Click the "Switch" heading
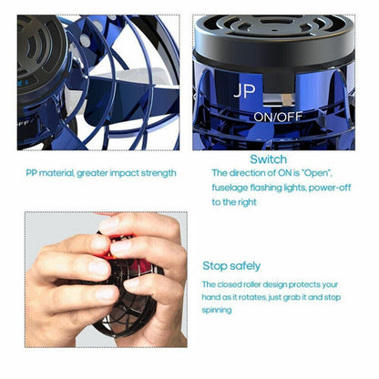click(x=267, y=159)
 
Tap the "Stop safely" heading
click(x=231, y=266)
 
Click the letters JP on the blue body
click(x=244, y=91)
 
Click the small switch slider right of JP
click(x=285, y=94)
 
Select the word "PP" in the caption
click(x=32, y=173)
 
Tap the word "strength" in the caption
click(x=160, y=173)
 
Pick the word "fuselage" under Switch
click(x=232, y=187)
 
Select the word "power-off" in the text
click(x=330, y=187)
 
